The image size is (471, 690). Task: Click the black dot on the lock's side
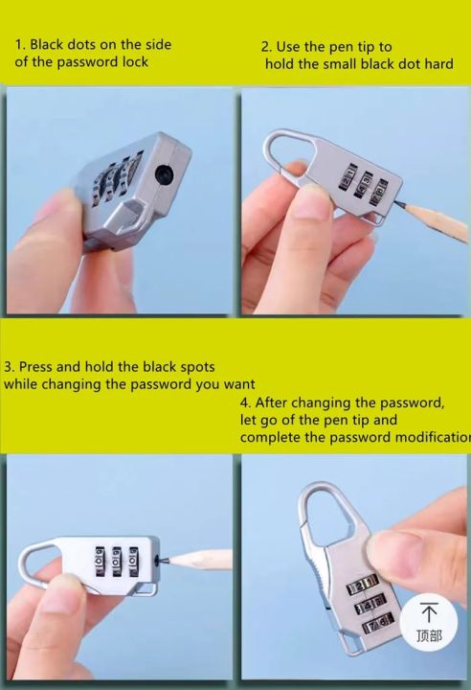coord(165,174)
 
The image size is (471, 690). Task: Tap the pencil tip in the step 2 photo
coord(398,203)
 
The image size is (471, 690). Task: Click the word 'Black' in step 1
coord(46,44)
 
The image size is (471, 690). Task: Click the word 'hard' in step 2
coord(438,64)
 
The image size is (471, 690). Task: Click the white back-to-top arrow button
coord(429,622)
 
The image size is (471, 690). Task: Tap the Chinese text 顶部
coord(429,635)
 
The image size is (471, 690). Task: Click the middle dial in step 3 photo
coord(116,561)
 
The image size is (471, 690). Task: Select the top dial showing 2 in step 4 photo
coord(363,586)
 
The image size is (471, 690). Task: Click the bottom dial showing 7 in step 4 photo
coord(377,624)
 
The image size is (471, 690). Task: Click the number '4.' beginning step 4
coord(245,402)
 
